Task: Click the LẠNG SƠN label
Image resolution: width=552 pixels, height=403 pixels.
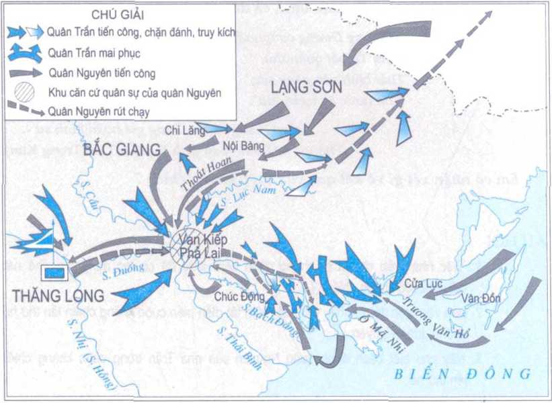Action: point(307,87)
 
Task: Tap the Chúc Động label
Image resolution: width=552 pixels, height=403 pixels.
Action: point(235,294)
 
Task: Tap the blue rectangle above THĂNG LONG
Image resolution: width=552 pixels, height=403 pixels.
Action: point(54,272)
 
